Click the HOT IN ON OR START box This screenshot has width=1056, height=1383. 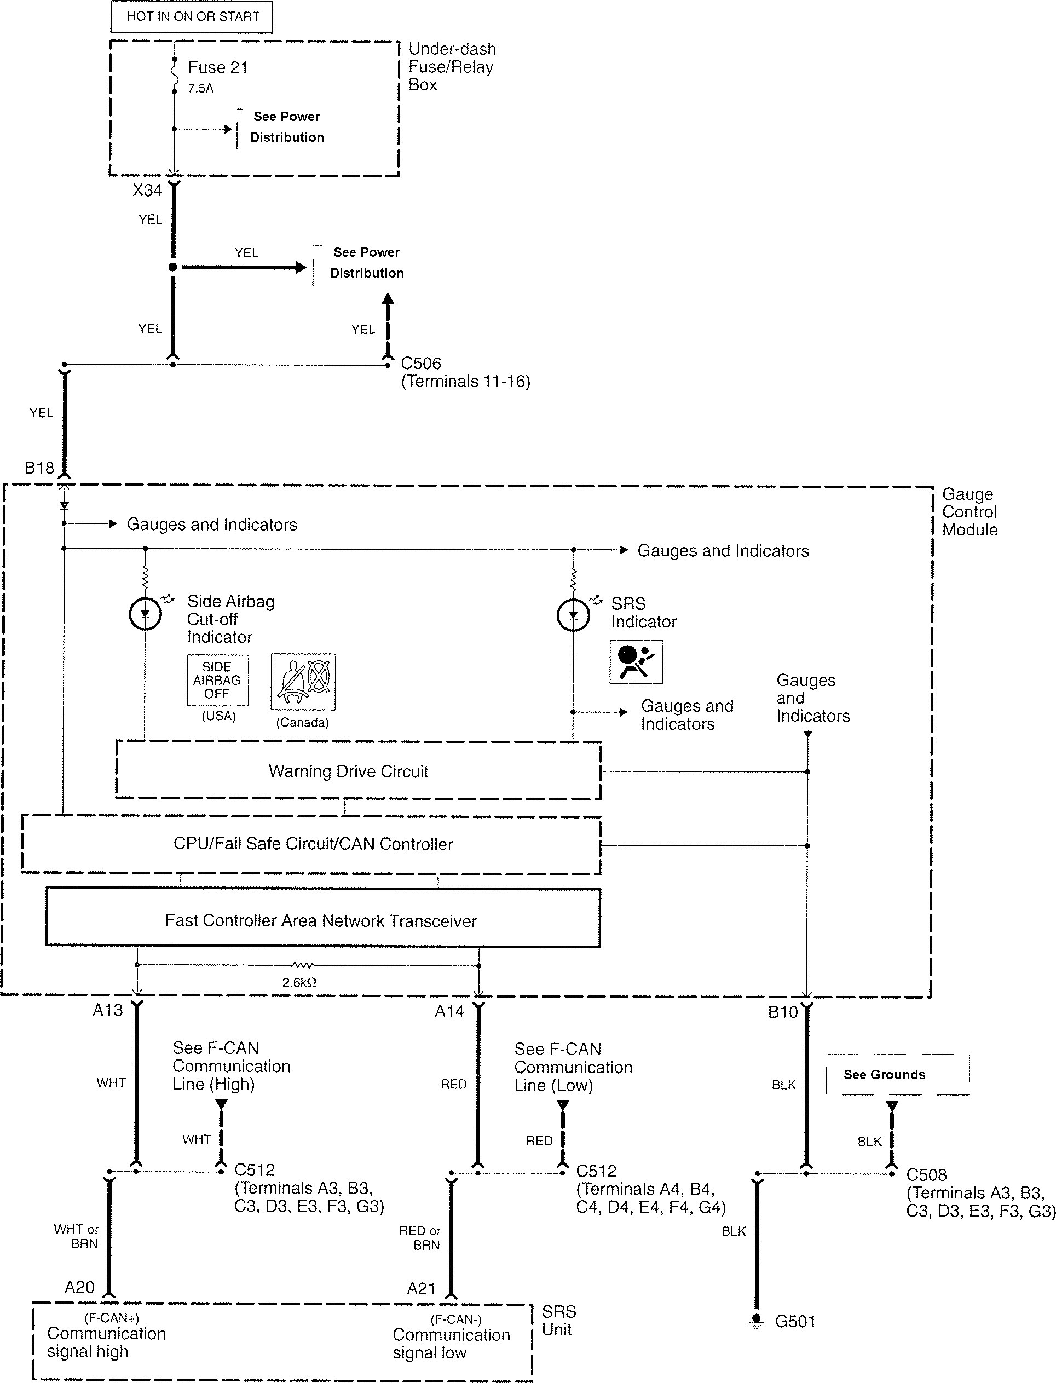[x=192, y=17]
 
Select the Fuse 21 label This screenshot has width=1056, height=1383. [x=217, y=67]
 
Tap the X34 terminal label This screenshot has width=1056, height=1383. [x=147, y=190]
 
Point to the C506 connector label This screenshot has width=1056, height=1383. [x=421, y=364]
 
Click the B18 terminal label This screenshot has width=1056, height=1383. [x=39, y=468]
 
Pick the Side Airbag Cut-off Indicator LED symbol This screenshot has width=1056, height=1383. [x=145, y=614]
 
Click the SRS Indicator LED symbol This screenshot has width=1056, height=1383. [x=573, y=615]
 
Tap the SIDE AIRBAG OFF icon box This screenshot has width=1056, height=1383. [x=217, y=680]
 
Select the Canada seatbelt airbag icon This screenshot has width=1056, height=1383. [x=303, y=682]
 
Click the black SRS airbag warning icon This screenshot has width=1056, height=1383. [x=636, y=661]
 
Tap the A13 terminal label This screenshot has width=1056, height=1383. [x=107, y=1010]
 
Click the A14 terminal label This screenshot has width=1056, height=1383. [x=449, y=1011]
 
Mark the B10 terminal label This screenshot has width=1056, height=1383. [x=783, y=1012]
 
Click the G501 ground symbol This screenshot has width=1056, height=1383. [x=757, y=1320]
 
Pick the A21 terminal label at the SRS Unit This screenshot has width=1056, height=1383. [x=421, y=1289]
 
